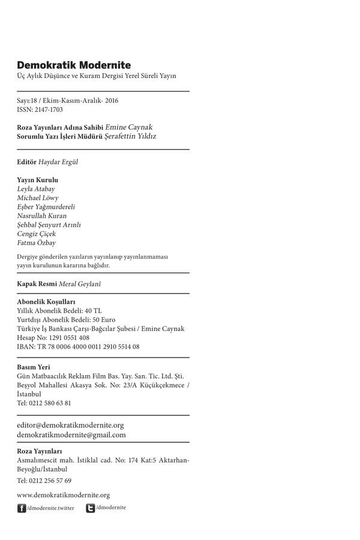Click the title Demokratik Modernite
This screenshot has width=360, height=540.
(74, 65)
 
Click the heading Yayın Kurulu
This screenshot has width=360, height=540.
(38, 179)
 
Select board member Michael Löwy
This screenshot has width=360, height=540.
(38, 197)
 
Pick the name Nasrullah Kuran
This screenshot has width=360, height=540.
(42, 215)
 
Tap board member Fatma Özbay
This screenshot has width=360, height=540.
(37, 242)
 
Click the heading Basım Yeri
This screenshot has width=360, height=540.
(34, 367)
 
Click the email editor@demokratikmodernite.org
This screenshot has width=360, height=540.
(70, 425)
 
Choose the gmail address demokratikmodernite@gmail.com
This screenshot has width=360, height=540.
(71, 434)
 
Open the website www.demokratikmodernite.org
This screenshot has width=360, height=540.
(63, 495)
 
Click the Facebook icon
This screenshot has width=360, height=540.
(22, 508)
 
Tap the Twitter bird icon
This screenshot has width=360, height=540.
(90, 508)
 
